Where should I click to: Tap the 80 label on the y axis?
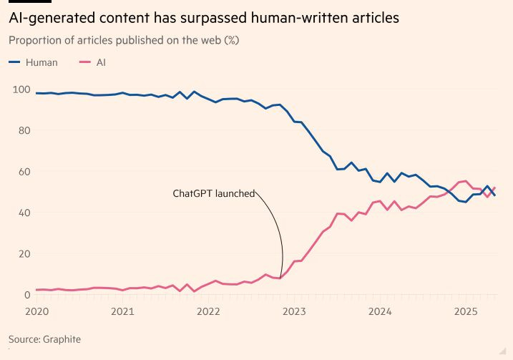point(22,131)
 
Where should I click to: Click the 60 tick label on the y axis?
point(22,172)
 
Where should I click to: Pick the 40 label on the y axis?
point(22,213)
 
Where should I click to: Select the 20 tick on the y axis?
point(22,254)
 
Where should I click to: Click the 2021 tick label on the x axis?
point(122,311)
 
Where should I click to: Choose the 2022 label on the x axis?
point(208,311)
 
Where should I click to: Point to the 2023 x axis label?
point(294,311)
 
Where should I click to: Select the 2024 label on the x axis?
point(380,311)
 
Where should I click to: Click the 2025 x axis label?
point(466,311)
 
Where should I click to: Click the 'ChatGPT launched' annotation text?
point(213,193)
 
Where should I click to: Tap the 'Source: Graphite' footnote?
point(44,339)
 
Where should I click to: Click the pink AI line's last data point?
point(494,188)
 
